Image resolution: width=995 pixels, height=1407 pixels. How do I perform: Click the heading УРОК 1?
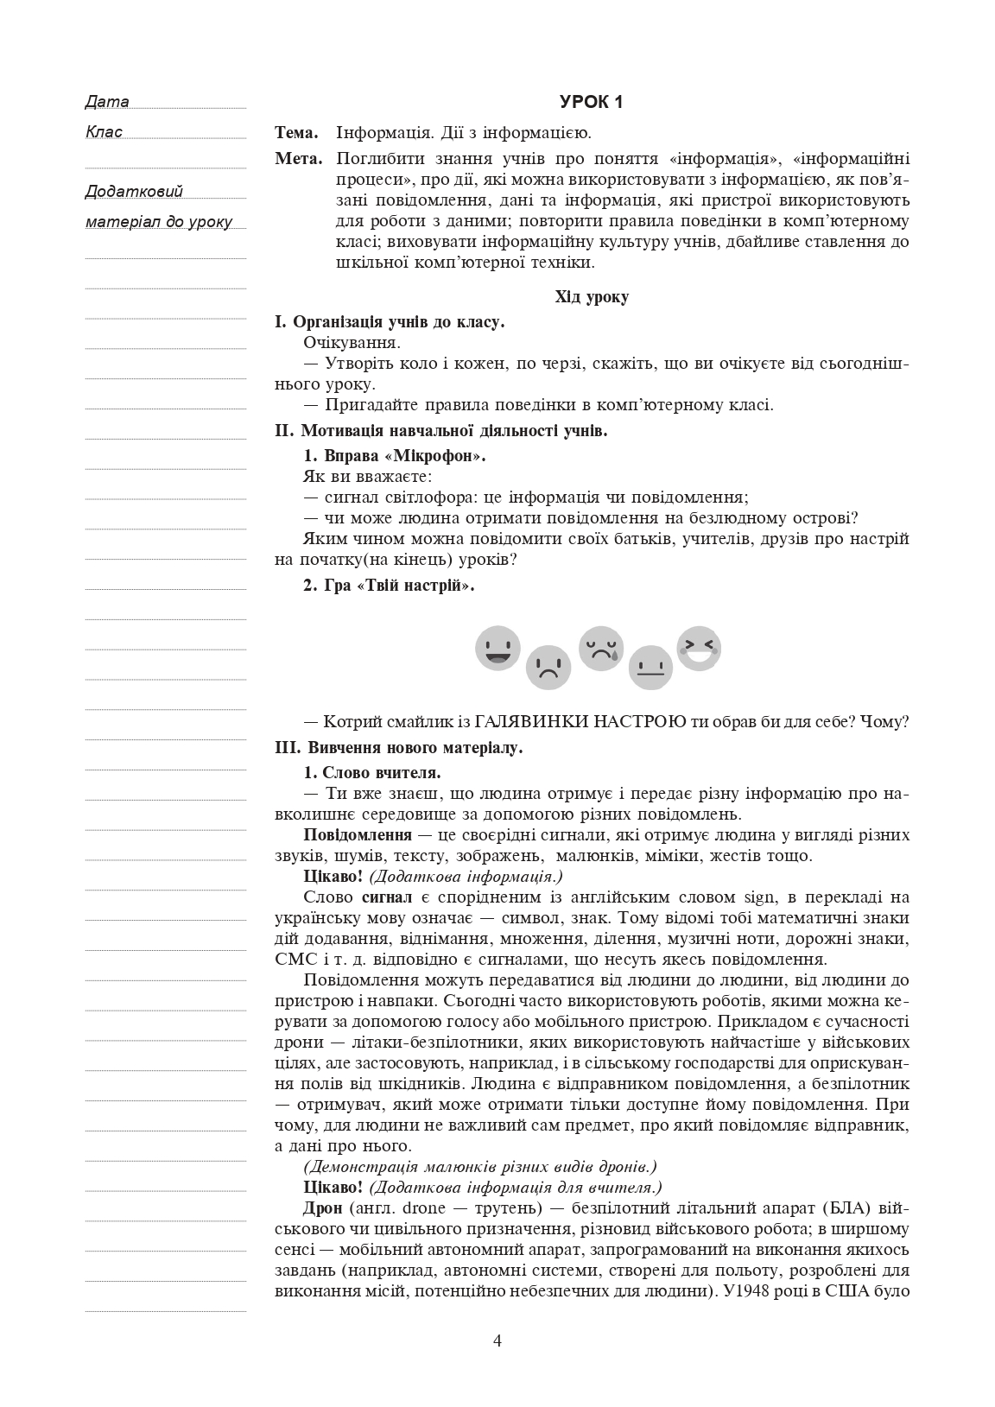click(592, 102)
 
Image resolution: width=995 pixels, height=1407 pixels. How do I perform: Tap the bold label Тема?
click(296, 133)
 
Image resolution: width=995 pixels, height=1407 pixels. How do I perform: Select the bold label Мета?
click(298, 159)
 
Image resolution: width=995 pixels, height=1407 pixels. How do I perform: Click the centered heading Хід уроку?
click(592, 297)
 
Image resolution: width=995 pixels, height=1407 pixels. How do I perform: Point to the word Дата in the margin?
click(108, 102)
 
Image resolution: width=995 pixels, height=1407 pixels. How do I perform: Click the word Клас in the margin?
click(105, 132)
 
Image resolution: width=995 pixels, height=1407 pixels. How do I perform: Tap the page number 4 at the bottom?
click(497, 1340)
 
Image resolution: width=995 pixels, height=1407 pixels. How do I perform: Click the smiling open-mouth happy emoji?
click(497, 649)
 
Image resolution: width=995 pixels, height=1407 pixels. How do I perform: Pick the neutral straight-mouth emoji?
click(650, 667)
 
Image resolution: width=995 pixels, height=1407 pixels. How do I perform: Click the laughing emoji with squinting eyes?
click(699, 649)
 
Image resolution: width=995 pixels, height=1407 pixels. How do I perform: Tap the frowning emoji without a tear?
click(548, 667)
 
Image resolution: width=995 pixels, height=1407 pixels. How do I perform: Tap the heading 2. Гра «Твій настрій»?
click(389, 586)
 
